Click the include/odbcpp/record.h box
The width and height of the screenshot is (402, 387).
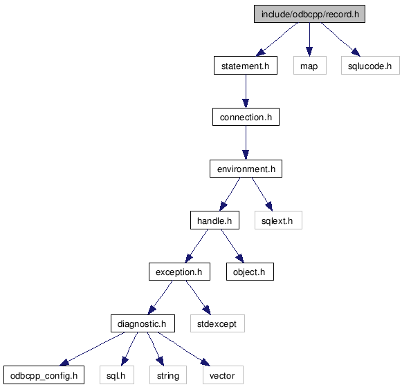309,14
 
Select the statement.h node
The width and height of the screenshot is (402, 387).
246,66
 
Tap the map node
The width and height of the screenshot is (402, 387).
310,66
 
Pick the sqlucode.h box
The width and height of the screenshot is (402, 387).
370,66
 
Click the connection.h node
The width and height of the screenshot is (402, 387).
246,117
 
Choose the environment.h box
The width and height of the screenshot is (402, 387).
246,169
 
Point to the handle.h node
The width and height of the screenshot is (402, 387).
215,220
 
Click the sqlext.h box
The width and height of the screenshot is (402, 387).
278,220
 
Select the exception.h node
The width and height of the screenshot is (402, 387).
179,272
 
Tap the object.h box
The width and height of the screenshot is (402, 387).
250,272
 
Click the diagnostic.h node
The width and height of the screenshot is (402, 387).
143,323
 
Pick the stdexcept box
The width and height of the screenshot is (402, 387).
217,323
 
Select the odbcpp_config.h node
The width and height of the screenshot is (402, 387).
44,375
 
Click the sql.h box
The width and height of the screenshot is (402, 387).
117,375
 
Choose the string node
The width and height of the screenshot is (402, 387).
168,375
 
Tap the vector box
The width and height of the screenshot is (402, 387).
223,375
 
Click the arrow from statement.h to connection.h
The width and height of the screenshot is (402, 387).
246,91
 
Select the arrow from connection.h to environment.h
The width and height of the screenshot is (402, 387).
246,142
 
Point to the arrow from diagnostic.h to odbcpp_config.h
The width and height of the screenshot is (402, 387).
92,349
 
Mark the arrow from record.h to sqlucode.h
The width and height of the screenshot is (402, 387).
340,39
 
